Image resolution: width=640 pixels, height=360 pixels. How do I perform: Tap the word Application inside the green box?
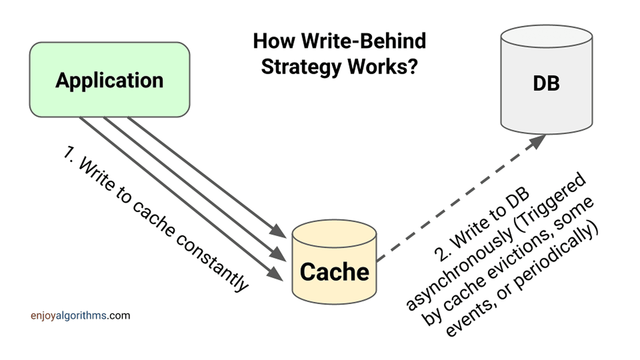tap(109, 80)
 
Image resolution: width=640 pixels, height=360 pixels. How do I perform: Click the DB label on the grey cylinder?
tap(546, 83)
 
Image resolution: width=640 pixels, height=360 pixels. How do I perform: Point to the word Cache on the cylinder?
tap(334, 272)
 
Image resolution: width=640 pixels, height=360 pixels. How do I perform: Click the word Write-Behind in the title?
tap(363, 41)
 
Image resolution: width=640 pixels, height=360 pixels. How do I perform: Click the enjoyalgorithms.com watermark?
tap(80, 315)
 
